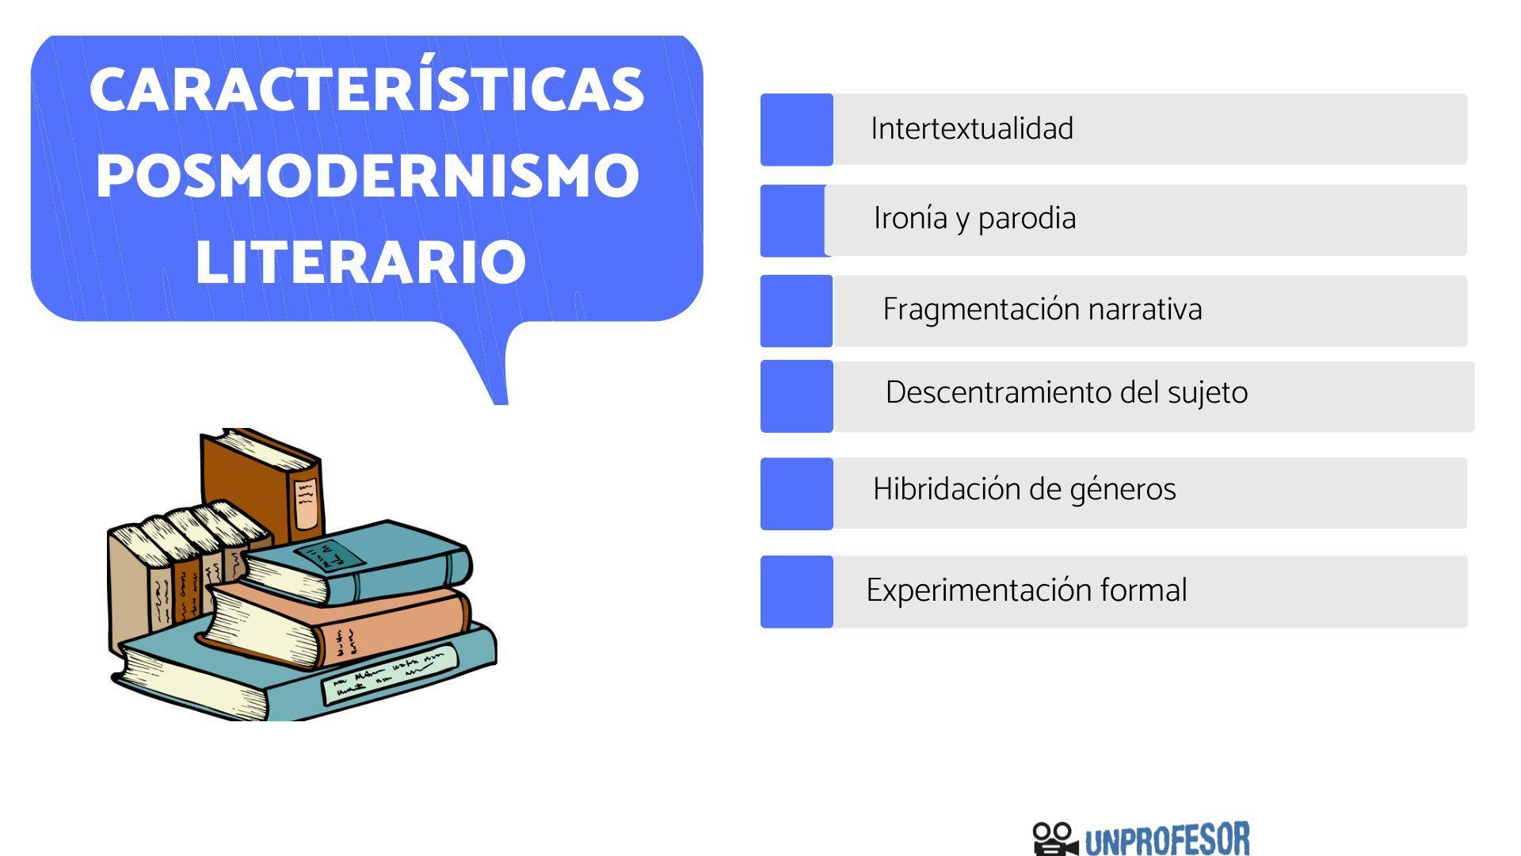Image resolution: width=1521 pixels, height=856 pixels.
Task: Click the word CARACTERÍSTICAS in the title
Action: (366, 90)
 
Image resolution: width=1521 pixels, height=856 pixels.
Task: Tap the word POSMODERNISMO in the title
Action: (368, 175)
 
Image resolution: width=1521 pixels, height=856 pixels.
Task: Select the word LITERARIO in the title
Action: (360, 262)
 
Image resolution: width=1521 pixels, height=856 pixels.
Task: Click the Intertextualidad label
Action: (972, 129)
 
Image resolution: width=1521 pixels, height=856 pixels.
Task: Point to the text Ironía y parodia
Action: (974, 219)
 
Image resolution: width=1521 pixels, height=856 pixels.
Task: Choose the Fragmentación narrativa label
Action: (1042, 310)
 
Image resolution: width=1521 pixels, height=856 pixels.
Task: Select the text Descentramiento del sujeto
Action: (1066, 393)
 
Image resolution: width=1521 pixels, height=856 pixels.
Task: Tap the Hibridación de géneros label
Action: (1024, 490)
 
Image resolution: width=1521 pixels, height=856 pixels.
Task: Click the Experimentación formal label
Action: (1027, 590)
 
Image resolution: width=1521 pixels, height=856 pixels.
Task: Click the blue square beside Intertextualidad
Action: (796, 130)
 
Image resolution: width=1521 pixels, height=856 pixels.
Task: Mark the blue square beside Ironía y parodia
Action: (792, 221)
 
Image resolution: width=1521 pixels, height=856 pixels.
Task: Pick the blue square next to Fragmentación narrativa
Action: (796, 311)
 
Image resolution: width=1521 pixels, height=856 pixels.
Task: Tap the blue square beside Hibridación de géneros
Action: (796, 494)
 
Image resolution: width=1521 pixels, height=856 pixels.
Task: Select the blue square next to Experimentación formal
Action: (796, 592)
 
